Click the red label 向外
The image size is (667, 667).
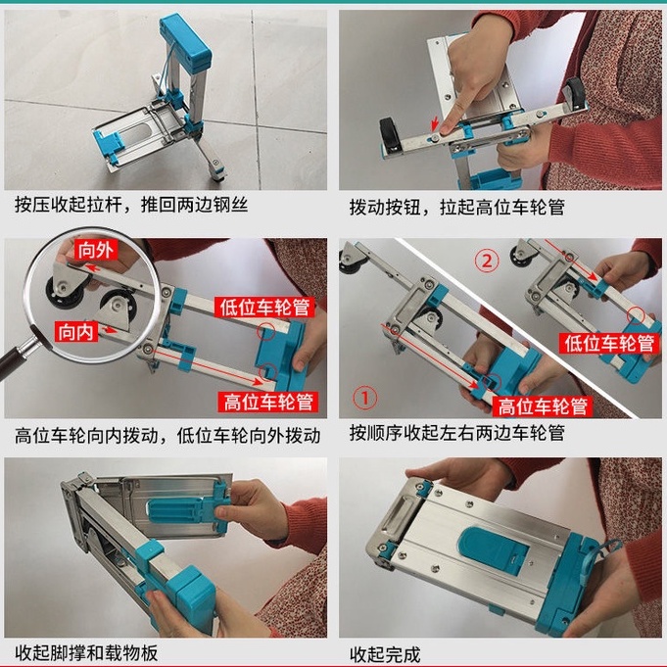point(95,250)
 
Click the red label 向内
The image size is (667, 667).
point(76,331)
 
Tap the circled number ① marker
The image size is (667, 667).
point(365,398)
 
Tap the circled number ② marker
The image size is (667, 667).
point(487,260)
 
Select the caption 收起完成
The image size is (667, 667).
point(385,654)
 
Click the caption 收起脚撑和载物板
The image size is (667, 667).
point(86,653)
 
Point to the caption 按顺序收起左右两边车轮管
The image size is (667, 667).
point(457,433)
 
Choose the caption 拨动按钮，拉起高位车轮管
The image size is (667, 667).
point(457,208)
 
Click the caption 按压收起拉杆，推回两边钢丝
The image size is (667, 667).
point(131,205)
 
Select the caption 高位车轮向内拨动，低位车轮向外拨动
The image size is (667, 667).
point(167,436)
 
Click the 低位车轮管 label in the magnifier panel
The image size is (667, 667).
point(264,307)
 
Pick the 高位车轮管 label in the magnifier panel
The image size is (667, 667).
point(268,402)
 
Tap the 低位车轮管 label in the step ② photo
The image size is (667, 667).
point(609,343)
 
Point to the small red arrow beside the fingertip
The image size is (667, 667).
point(435,123)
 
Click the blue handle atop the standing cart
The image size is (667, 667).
point(185,41)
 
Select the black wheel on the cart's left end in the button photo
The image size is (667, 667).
point(391,135)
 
